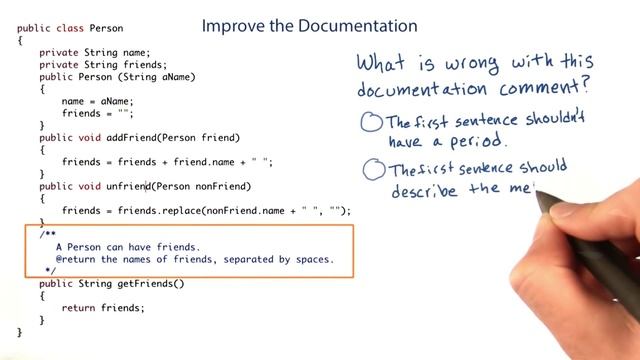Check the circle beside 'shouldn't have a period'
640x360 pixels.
[x=371, y=123]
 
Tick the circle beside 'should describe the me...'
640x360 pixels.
[x=374, y=171]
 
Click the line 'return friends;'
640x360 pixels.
[x=102, y=307]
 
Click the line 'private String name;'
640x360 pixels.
[x=94, y=52]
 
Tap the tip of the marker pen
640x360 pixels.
[x=542, y=190]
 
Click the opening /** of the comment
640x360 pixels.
[x=48, y=234]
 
